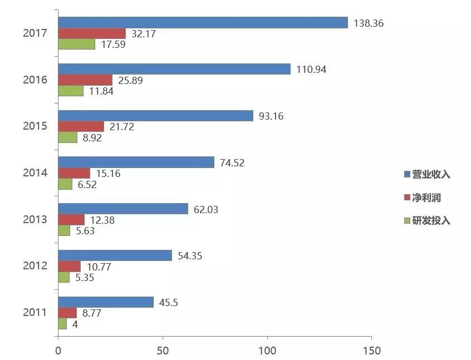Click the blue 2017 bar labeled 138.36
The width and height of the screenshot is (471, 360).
[203, 23]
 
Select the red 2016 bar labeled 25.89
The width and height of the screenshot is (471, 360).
[85, 80]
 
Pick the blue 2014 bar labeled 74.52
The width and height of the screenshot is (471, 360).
[136, 162]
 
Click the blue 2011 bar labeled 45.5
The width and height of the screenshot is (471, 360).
[106, 302]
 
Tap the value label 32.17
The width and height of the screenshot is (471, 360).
[144, 33]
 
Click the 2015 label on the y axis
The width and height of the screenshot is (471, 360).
[35, 126]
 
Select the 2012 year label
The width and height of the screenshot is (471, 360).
[35, 266]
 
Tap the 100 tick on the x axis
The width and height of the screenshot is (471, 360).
[267, 351]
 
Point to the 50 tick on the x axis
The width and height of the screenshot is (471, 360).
[163, 351]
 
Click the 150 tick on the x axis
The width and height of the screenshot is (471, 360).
[371, 351]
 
